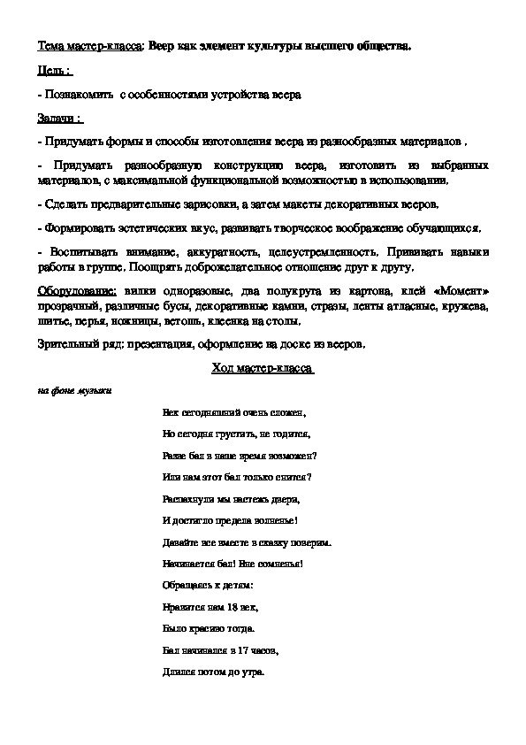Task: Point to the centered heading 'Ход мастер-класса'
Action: [263, 368]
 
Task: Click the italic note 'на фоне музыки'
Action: [74, 390]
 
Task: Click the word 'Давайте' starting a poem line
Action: [181, 541]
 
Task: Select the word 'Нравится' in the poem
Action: [183, 609]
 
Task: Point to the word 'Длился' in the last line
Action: [179, 671]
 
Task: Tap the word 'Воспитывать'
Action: [87, 252]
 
